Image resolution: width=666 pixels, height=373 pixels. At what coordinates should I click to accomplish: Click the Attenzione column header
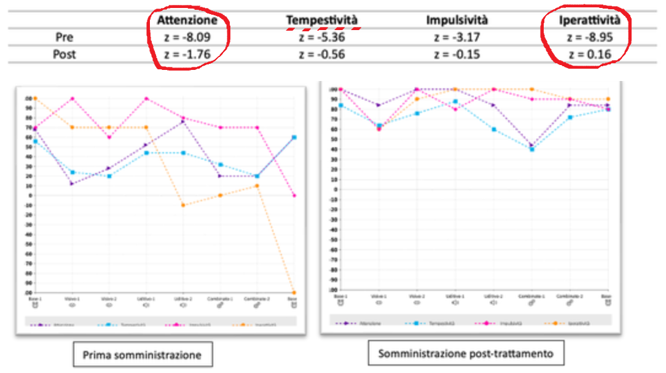pyautogui.click(x=187, y=20)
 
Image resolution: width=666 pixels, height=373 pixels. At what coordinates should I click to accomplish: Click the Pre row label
pyautogui.click(x=64, y=37)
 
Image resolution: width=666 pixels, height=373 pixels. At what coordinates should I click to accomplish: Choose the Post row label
pyautogui.click(x=64, y=54)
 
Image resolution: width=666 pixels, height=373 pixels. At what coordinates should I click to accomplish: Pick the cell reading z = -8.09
pyautogui.click(x=187, y=37)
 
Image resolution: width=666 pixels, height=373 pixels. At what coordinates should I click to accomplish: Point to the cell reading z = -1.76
pyautogui.click(x=187, y=54)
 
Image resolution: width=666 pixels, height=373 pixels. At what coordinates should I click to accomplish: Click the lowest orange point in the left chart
pyautogui.click(x=294, y=293)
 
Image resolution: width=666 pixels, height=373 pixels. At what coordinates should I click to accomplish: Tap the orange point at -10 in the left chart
pyautogui.click(x=182, y=205)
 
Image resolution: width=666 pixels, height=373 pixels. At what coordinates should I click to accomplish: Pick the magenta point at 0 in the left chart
pyautogui.click(x=294, y=196)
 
